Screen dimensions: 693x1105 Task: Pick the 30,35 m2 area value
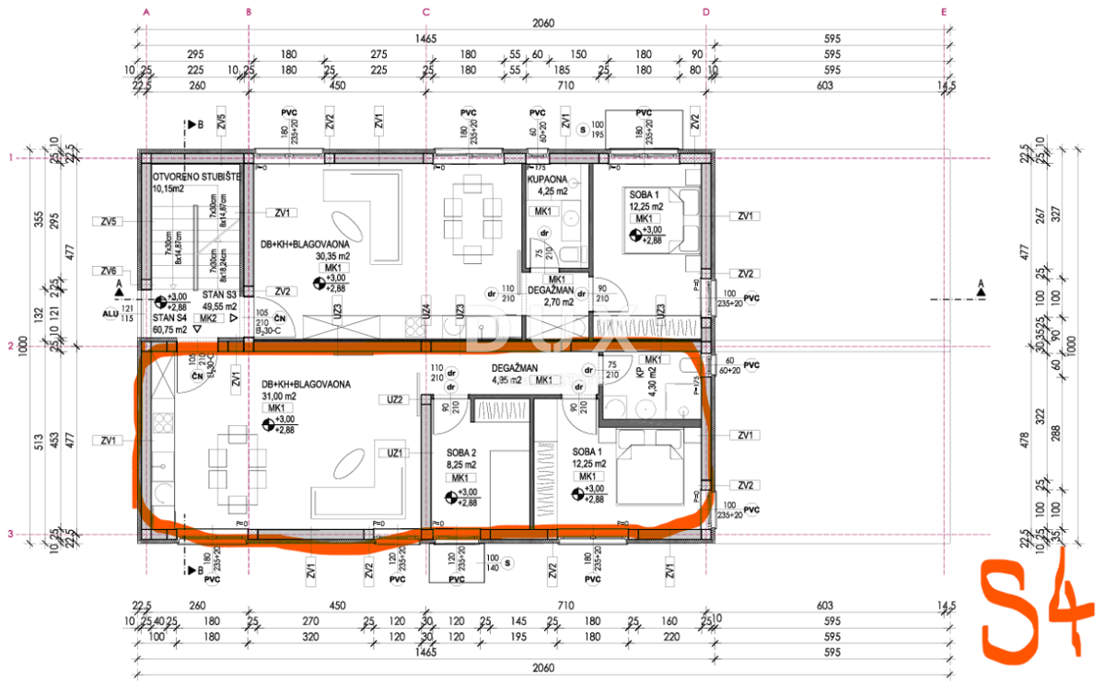331,257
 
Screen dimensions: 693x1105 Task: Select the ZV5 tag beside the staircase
110,221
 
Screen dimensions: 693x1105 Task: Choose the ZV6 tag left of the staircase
110,271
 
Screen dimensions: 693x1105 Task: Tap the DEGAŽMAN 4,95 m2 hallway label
514,368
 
